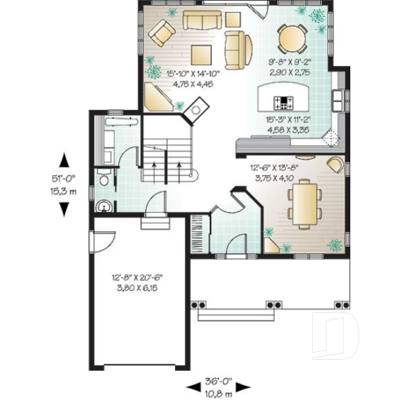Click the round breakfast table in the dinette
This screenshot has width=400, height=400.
pos(289,37)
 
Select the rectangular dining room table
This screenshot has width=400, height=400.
pos(303,204)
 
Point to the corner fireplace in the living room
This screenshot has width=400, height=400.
pos(195,109)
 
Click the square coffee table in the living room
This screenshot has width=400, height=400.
pos(201,55)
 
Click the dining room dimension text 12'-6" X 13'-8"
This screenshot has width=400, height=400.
pos(275,169)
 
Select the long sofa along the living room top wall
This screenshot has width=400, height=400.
pos(208,20)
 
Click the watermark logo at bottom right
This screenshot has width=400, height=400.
pos(341,337)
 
